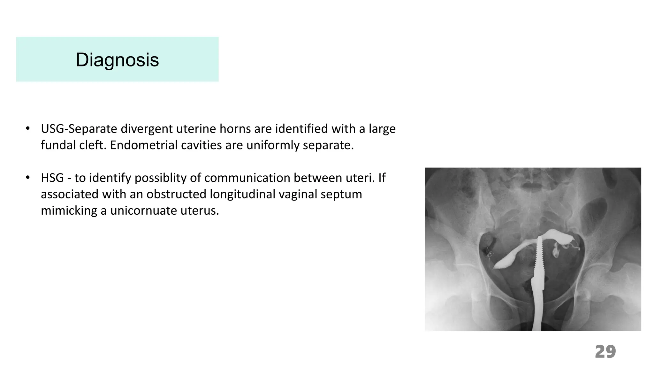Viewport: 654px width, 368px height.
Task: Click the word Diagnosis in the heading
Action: [117, 60]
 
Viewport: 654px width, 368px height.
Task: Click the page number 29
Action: [605, 352]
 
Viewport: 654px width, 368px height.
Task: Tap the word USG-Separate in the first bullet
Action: [79, 129]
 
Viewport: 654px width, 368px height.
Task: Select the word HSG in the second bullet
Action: [52, 178]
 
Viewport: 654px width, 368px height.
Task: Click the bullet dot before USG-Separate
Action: [28, 129]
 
